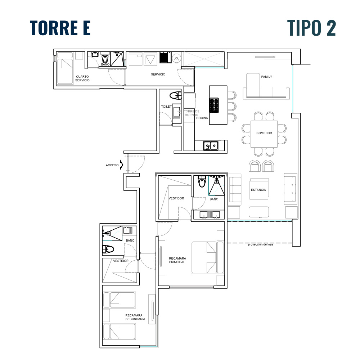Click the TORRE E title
[x=60, y=28]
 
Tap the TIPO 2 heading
[x=311, y=28]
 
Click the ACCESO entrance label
[x=112, y=165]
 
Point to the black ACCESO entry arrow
[x=121, y=165]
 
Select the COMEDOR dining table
[x=264, y=134]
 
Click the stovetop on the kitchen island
[x=214, y=105]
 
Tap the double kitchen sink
[x=211, y=145]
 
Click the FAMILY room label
[x=266, y=77]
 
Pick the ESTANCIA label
[x=258, y=190]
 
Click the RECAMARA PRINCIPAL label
[x=177, y=260]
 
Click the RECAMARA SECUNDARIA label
[x=135, y=317]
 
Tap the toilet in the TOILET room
[x=175, y=95]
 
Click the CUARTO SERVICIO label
[x=82, y=78]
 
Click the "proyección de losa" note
[x=260, y=244]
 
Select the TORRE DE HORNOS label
[x=192, y=113]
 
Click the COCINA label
[x=202, y=118]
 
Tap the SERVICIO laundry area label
[x=158, y=75]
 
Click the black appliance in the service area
[x=165, y=57]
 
